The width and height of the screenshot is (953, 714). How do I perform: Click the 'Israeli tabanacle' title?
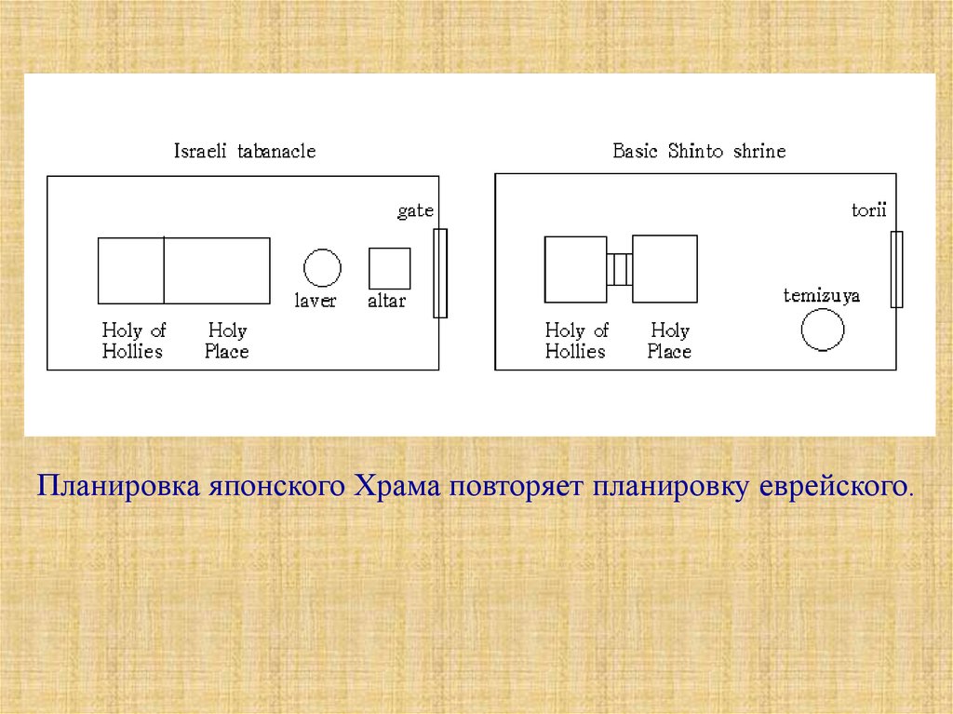click(245, 150)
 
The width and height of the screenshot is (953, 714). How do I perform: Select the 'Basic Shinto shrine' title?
click(699, 150)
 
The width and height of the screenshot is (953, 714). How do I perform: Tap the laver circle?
click(322, 249)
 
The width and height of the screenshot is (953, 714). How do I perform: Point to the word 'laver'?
click(315, 300)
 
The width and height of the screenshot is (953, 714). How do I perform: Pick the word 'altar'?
click(387, 300)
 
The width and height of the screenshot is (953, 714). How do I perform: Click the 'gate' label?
click(416, 210)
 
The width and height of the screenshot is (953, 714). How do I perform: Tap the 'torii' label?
click(869, 209)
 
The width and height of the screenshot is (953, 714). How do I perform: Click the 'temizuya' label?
click(822, 296)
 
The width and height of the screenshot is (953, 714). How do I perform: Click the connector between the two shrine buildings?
click(619, 269)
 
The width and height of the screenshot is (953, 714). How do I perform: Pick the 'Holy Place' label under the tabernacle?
click(227, 341)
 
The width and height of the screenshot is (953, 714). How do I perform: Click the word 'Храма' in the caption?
click(396, 486)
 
